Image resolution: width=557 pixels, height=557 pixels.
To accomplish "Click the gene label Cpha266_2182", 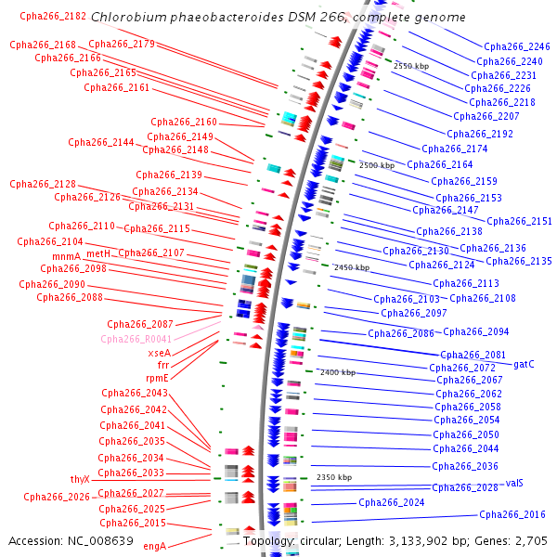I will click(53, 16).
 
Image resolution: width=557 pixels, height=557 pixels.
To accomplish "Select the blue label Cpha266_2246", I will click(516, 46).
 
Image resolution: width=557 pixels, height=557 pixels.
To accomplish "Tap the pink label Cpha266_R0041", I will click(136, 339).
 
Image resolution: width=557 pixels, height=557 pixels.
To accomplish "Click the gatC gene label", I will click(524, 364).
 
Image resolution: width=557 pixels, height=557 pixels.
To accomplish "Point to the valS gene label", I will click(514, 483).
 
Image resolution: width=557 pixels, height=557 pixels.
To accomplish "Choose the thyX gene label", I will click(80, 479).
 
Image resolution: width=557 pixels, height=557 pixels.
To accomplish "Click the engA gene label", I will click(154, 546).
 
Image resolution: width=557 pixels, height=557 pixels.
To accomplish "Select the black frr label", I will click(163, 366).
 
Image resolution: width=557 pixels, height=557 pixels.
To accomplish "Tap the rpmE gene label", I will click(157, 378).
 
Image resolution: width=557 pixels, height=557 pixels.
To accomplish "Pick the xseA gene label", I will click(159, 353).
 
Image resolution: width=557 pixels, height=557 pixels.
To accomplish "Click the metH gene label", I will click(97, 253).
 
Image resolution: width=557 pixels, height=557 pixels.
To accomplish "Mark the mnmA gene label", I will click(66, 256).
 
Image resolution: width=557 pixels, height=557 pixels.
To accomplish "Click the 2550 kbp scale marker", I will click(410, 67).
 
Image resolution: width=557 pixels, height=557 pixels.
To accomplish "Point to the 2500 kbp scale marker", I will click(376, 165).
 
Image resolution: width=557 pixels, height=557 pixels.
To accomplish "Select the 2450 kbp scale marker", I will click(351, 267).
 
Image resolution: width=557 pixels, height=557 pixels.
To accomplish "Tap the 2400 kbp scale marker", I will click(337, 372).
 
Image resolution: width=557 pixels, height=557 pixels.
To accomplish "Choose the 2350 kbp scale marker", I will click(334, 477).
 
